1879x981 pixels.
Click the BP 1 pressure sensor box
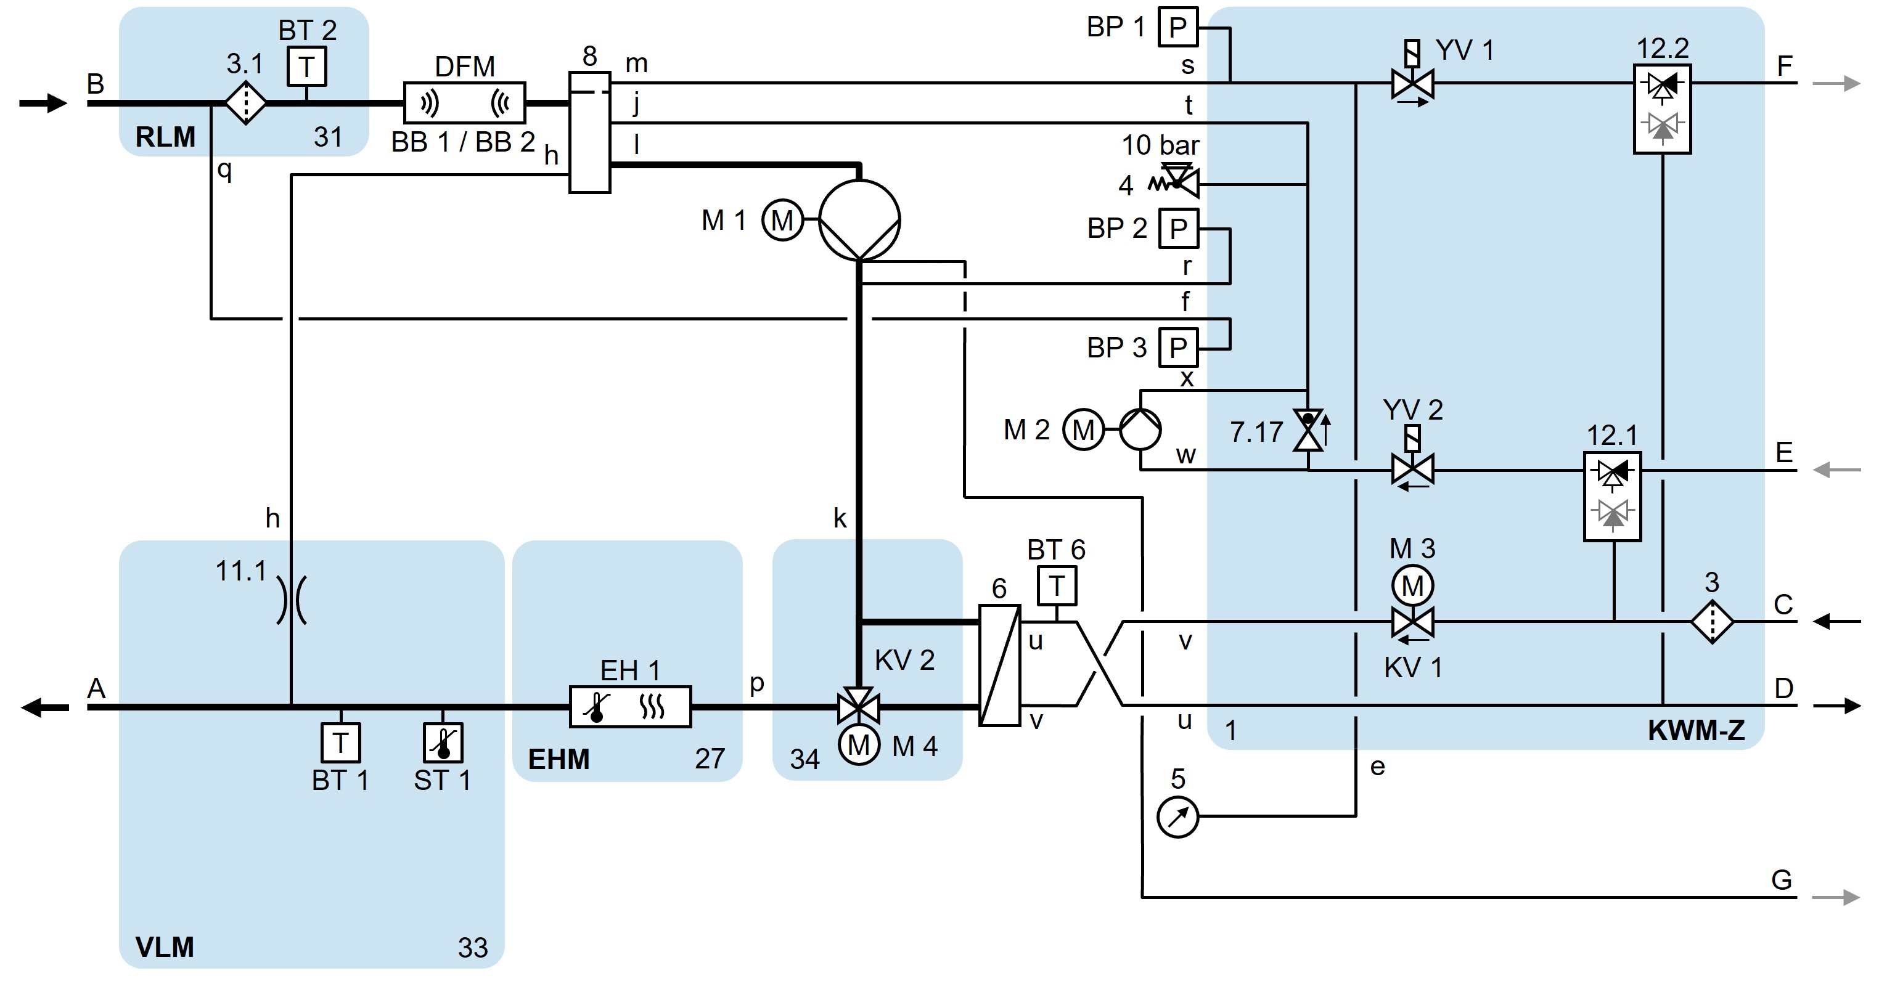click(x=1178, y=27)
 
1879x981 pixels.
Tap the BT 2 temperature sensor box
click(x=306, y=67)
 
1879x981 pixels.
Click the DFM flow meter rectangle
click(x=465, y=103)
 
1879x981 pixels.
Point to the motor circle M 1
click(x=782, y=219)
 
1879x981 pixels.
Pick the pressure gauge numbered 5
click(x=1177, y=817)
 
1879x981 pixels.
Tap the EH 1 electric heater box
click(x=630, y=706)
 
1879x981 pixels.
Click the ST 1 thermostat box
click(x=443, y=742)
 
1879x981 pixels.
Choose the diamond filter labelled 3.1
click(x=246, y=103)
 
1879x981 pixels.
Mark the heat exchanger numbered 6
click(x=999, y=665)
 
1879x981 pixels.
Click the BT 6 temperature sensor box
click(x=1056, y=585)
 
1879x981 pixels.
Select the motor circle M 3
click(x=1412, y=585)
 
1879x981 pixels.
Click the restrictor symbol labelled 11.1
click(x=291, y=600)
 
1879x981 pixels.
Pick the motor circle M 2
click(x=1083, y=429)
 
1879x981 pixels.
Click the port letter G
click(x=1781, y=879)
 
